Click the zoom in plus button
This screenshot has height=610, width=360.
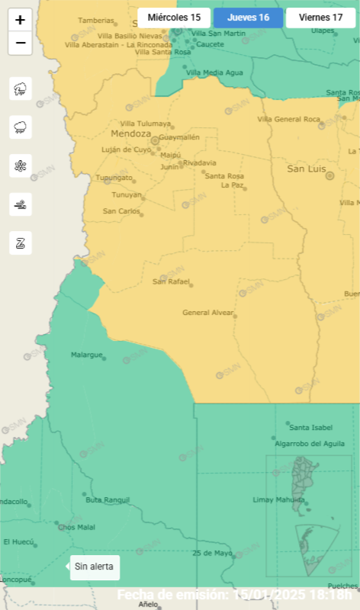(x=20, y=21)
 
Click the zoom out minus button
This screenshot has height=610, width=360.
(x=20, y=43)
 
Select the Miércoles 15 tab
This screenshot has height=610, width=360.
(x=174, y=18)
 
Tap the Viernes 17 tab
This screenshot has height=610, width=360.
(x=321, y=18)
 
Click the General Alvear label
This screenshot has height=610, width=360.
(x=207, y=313)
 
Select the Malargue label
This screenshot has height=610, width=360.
(x=86, y=355)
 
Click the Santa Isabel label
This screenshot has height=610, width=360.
(x=310, y=427)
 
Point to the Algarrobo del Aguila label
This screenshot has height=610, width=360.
(x=305, y=443)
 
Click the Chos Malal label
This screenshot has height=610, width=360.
(x=76, y=527)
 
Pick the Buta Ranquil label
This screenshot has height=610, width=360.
(x=103, y=499)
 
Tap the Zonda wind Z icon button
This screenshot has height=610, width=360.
(x=21, y=242)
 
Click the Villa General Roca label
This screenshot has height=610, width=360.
(x=288, y=119)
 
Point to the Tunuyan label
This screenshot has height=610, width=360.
(x=117, y=194)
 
